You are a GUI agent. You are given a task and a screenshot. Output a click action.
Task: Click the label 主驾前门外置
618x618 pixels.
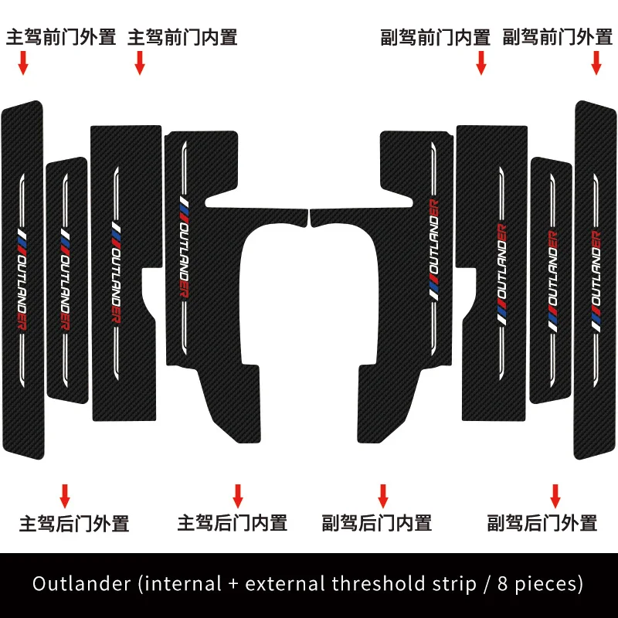pyautogui.click(x=61, y=36)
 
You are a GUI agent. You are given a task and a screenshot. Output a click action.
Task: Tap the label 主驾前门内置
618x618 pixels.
pyautogui.click(x=182, y=36)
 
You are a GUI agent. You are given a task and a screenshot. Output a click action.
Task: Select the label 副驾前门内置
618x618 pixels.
pyautogui.click(x=436, y=36)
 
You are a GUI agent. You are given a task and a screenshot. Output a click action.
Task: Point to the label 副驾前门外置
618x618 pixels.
pyautogui.click(x=557, y=36)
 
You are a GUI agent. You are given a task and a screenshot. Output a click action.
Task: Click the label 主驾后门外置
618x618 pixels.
pyautogui.click(x=74, y=523)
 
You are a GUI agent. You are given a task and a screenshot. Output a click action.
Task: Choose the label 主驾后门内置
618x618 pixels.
pyautogui.click(x=233, y=523)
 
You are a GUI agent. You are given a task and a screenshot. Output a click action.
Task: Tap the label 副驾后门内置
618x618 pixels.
pyautogui.click(x=377, y=523)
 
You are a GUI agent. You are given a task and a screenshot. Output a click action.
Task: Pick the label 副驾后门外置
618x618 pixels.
pyautogui.click(x=542, y=523)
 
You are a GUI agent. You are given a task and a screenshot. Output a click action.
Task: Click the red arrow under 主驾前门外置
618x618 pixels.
pyautogui.click(x=23, y=63)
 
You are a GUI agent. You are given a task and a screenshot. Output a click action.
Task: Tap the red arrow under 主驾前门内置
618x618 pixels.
pyautogui.click(x=140, y=63)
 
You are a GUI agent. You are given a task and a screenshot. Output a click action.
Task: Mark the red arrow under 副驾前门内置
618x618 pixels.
pyautogui.click(x=480, y=63)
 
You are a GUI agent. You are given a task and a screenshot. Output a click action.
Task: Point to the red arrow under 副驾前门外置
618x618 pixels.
pyautogui.click(x=596, y=63)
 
